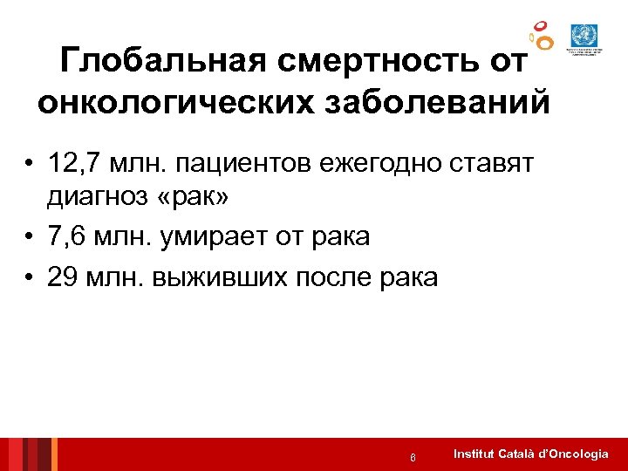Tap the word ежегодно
pos(399,163)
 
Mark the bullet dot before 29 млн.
pos(30,277)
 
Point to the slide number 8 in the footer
pos(412,456)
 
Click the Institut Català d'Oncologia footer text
pos(531,454)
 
